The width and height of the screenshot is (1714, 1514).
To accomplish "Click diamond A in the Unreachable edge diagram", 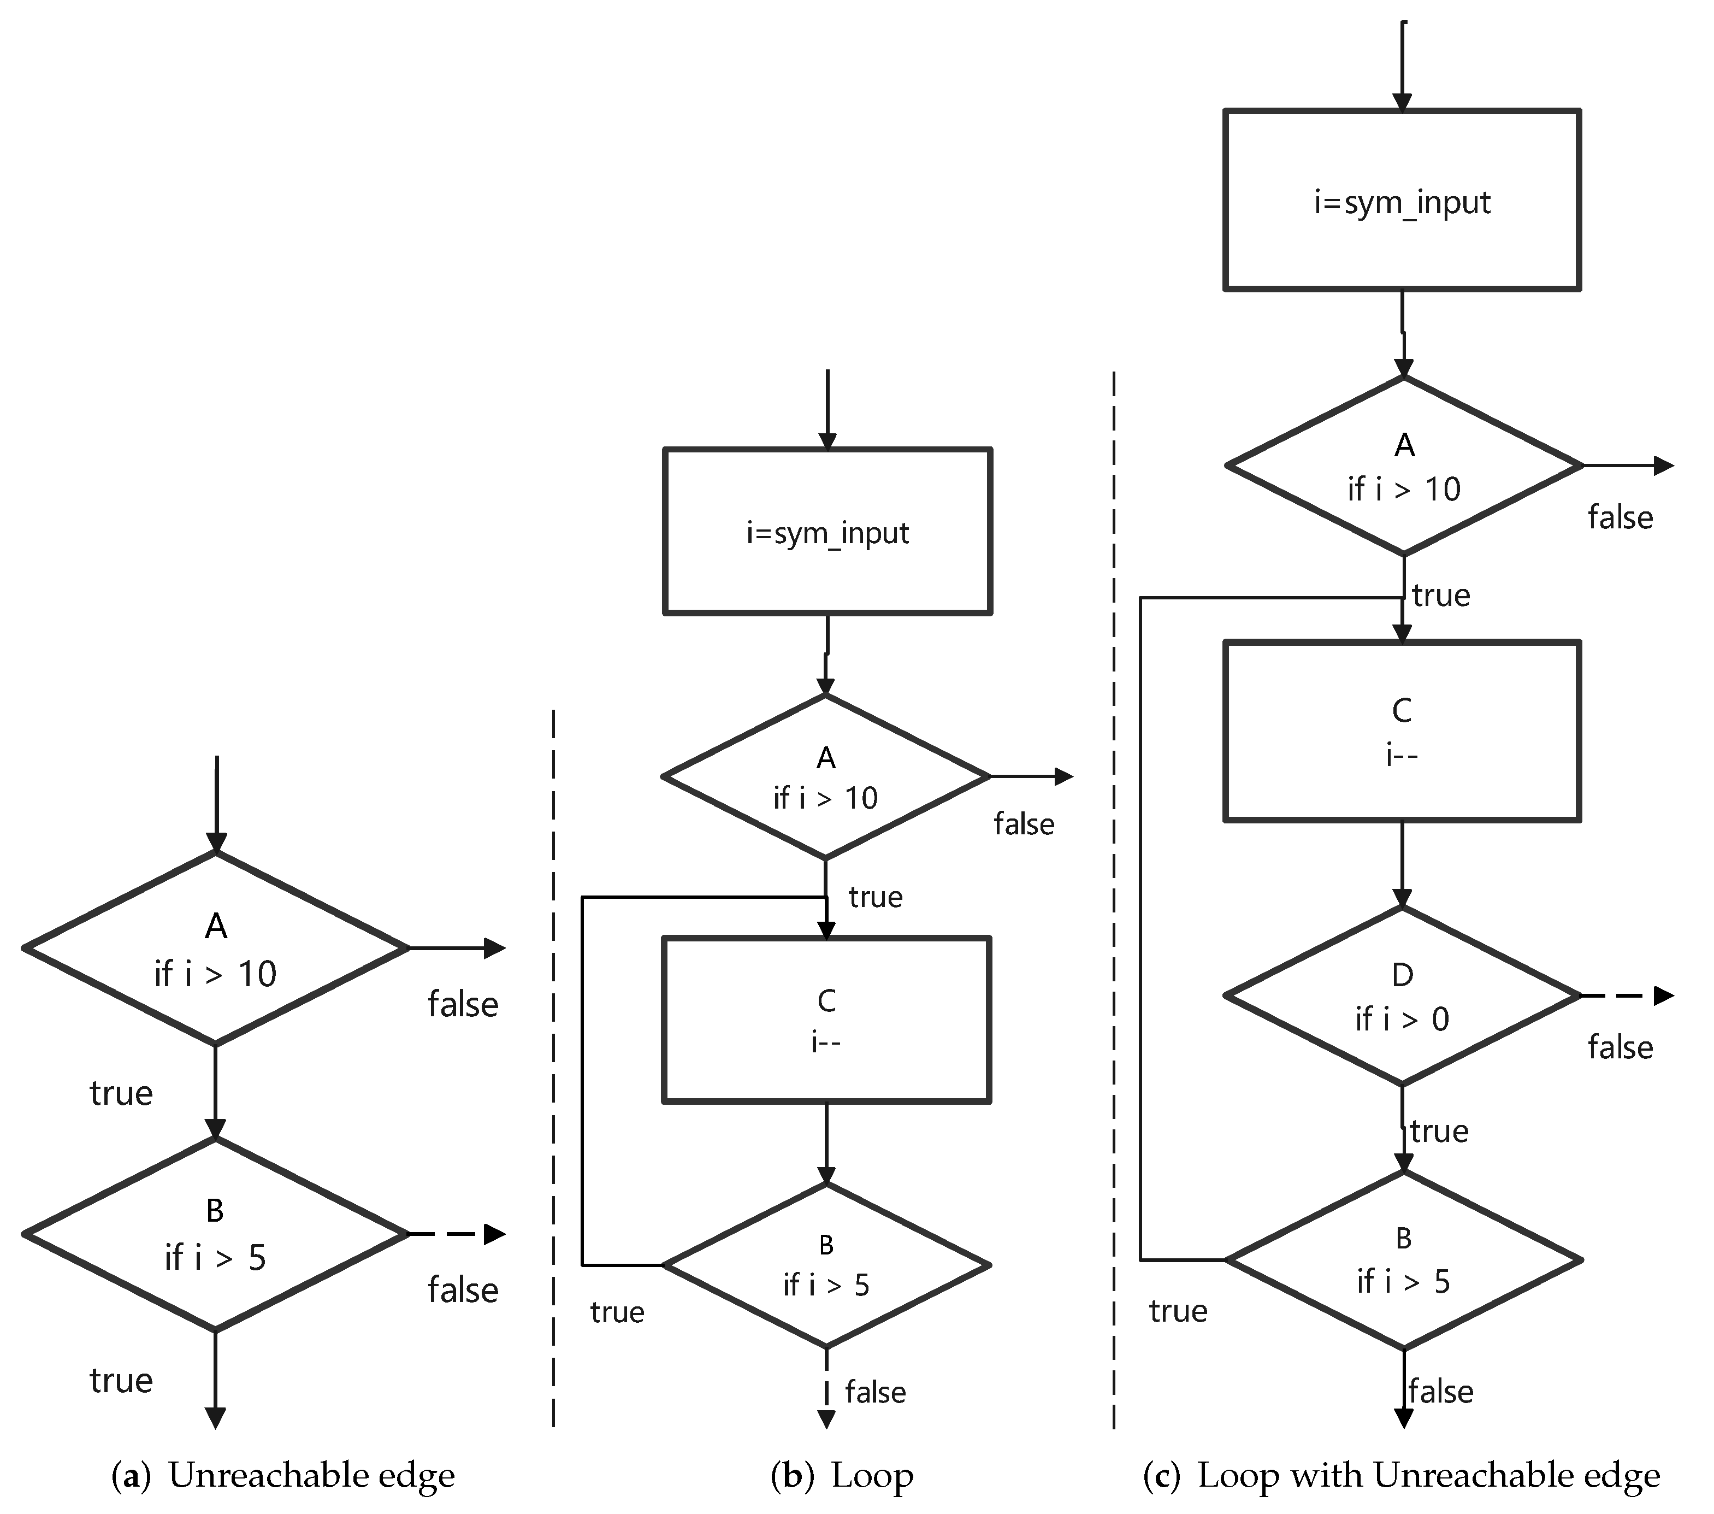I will tap(216, 949).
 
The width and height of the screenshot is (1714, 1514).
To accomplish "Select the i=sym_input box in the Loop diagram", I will tap(827, 532).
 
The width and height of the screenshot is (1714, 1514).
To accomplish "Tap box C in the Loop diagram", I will tap(827, 1019).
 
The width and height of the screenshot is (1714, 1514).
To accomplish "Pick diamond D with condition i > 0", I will tap(1402, 997).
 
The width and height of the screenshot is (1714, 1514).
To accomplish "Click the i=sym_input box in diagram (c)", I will tap(1402, 201).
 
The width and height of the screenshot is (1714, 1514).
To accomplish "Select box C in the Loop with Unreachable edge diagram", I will tap(1402, 731).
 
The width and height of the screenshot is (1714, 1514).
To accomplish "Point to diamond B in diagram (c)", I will tap(1402, 1260).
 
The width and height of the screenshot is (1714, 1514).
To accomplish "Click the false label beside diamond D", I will tap(1620, 1047).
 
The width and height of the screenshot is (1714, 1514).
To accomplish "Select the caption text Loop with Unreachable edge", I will tap(1428, 1475).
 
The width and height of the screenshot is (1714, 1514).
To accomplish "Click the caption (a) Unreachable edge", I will tap(283, 1475).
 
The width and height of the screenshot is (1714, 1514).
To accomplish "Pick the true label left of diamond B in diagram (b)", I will tap(617, 1312).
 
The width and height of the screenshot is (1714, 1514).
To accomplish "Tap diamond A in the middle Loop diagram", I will tap(826, 777).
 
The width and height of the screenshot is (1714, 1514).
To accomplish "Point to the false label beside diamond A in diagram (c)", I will tap(1620, 517).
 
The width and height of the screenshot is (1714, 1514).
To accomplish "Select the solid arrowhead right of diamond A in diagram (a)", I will tap(495, 949).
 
